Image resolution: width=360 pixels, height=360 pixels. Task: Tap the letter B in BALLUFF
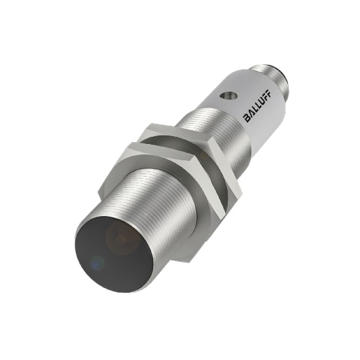(x=247, y=118)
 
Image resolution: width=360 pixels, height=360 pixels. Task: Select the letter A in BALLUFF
(x=251, y=115)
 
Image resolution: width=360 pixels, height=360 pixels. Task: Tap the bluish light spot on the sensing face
(x=98, y=263)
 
